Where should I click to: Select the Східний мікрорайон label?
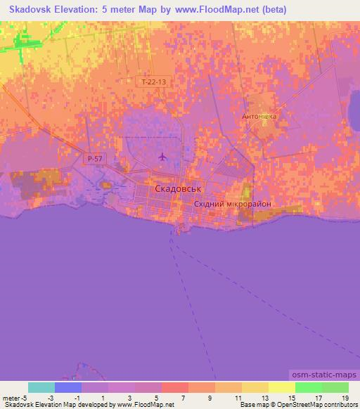[x=232, y=204]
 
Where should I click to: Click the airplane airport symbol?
[x=164, y=156]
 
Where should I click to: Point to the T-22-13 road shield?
[x=153, y=82]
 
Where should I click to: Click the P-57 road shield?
[x=95, y=160]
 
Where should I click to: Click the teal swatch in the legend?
[x=41, y=387]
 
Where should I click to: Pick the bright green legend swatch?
[x=308, y=387]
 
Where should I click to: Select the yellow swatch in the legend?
[x=281, y=387]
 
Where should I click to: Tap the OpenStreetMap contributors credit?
[x=321, y=405]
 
